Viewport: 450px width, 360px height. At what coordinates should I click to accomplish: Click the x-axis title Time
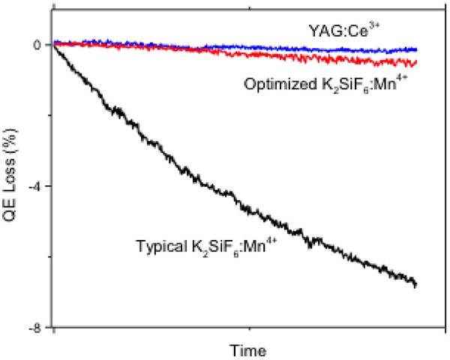(248, 349)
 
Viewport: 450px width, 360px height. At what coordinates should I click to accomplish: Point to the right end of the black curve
(415, 285)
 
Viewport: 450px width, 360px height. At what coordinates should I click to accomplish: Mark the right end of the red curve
(416, 62)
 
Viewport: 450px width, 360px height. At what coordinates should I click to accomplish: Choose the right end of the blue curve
(416, 49)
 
